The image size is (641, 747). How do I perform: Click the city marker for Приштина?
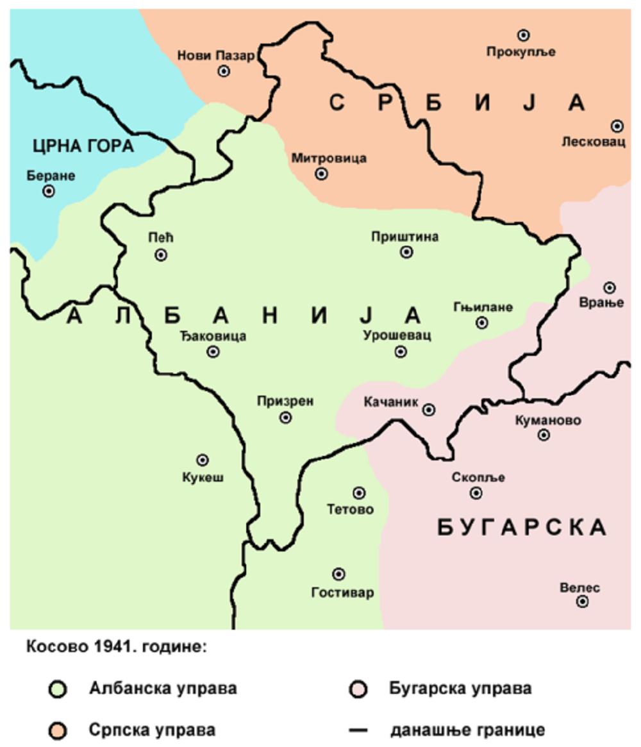[406, 252]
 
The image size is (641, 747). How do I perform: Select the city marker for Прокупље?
[524, 35]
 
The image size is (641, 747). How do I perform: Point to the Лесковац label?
[593, 142]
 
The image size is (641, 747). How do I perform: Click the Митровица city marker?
[322, 173]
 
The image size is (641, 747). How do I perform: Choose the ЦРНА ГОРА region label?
[83, 146]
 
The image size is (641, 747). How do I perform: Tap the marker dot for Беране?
[49, 191]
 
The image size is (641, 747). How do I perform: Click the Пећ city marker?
[161, 255]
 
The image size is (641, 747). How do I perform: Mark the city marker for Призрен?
[286, 417]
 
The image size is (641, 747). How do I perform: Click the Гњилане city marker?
[481, 323]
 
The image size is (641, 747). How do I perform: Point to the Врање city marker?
[609, 287]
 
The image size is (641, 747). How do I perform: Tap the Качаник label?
[390, 403]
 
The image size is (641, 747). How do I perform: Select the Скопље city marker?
[476, 492]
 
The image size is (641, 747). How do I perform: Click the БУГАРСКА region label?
[521, 527]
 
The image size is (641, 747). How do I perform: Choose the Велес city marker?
[582, 601]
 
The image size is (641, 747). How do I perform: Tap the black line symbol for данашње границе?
[358, 730]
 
